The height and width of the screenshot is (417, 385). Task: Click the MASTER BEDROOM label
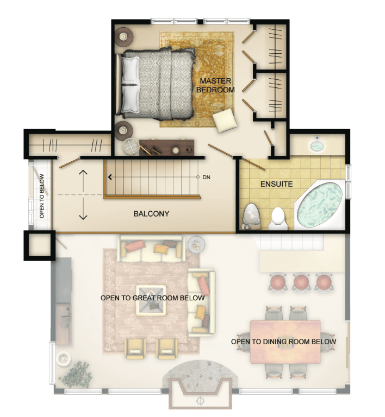click(x=215, y=85)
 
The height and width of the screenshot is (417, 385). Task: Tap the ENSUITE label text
click(x=276, y=184)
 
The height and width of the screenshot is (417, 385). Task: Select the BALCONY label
click(x=151, y=214)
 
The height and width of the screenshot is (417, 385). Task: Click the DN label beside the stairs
click(x=206, y=177)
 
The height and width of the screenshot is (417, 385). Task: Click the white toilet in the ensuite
click(x=278, y=219)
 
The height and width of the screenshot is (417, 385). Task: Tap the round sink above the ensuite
click(x=317, y=146)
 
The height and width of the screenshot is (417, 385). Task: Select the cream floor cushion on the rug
click(x=225, y=120)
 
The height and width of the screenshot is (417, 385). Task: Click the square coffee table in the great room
click(x=151, y=300)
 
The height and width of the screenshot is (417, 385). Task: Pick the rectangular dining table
click(x=285, y=342)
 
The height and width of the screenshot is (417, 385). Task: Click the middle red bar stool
click(x=301, y=283)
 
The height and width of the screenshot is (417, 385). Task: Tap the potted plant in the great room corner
click(x=76, y=374)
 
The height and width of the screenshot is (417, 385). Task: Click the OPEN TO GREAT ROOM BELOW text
click(x=153, y=298)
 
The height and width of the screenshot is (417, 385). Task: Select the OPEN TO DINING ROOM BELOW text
click(x=283, y=342)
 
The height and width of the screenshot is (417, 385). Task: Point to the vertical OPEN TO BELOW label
click(x=42, y=196)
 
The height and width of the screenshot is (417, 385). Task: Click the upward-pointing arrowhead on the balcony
click(x=83, y=172)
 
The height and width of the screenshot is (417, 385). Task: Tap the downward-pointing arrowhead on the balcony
click(x=83, y=217)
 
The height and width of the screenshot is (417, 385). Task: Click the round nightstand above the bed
click(x=124, y=37)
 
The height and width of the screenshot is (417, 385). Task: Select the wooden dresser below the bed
click(x=166, y=148)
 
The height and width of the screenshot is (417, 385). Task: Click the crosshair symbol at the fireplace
click(x=200, y=401)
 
